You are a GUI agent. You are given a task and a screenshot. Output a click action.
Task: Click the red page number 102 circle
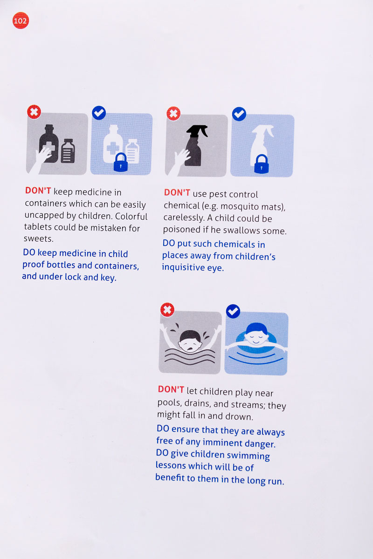click(x=21, y=20)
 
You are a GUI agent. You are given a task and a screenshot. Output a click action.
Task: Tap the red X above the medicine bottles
click(x=34, y=112)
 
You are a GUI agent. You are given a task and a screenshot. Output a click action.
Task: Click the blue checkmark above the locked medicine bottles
click(x=99, y=113)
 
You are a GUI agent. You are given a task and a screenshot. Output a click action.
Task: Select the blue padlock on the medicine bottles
click(x=121, y=163)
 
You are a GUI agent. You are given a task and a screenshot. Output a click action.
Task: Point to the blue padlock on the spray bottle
click(x=261, y=164)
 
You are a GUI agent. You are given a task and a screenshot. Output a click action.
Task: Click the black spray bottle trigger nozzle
click(x=197, y=131)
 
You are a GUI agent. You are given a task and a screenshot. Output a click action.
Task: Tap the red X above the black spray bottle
click(x=173, y=114)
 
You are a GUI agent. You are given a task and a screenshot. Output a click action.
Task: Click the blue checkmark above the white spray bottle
click(x=239, y=114)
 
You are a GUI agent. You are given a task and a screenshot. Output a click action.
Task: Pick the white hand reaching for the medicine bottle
click(x=41, y=160)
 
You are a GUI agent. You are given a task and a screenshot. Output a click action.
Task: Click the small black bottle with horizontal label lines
click(x=68, y=151)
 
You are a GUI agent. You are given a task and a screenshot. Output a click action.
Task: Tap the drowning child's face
click(x=190, y=341)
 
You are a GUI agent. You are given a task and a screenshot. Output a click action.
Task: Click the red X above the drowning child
click(x=167, y=310)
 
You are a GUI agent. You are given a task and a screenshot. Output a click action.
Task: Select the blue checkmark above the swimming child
click(x=233, y=311)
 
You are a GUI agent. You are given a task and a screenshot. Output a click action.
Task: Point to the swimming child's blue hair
click(x=256, y=328)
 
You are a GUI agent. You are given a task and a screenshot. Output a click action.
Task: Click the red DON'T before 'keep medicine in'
click(x=38, y=191)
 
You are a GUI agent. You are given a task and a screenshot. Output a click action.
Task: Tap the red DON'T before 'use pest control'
click(x=177, y=192)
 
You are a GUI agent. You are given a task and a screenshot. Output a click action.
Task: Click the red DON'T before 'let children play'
click(x=171, y=389)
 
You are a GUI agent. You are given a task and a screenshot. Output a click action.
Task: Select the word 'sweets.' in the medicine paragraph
click(x=39, y=239)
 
